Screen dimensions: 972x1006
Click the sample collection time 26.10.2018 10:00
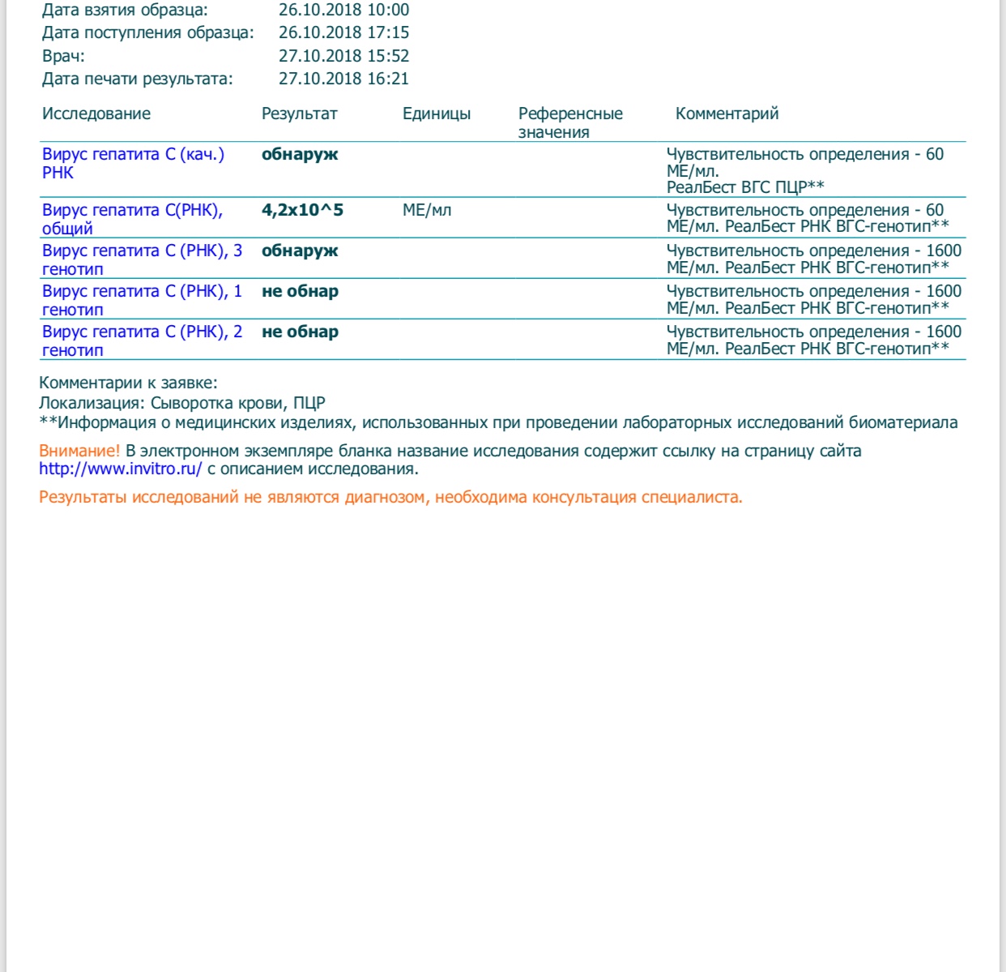tap(343, 11)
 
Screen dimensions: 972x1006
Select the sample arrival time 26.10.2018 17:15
tap(343, 33)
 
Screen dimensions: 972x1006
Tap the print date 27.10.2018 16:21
tap(343, 79)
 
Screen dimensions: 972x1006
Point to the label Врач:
tap(63, 57)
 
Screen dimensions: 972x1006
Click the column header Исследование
tap(96, 114)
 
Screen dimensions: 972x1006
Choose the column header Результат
tap(299, 114)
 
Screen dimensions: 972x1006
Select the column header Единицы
tap(437, 114)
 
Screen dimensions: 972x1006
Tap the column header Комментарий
tap(727, 114)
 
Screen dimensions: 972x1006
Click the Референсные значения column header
tap(570, 122)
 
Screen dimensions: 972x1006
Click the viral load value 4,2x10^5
tap(302, 211)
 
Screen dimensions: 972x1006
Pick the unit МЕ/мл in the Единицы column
tap(427, 211)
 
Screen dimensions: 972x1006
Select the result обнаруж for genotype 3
tap(300, 251)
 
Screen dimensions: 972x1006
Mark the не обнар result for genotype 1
tap(300, 292)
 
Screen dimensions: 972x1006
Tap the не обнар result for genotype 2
tap(300, 332)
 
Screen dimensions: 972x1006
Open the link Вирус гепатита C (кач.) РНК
tap(133, 155)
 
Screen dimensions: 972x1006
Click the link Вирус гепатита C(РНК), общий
tap(132, 211)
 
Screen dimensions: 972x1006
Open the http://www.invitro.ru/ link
tap(120, 469)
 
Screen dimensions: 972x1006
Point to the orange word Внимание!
tap(79, 452)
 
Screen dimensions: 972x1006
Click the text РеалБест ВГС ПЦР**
tap(745, 187)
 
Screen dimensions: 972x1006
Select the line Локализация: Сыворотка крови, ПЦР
tap(182, 404)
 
